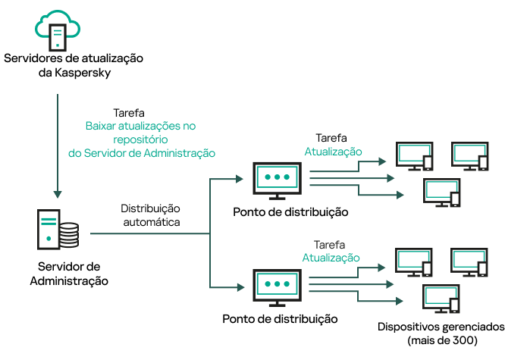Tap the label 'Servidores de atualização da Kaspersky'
(x=74, y=65)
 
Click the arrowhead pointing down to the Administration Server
(x=58, y=192)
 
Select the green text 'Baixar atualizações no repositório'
(x=140, y=133)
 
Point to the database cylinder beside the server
(x=69, y=235)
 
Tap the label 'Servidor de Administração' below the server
(x=69, y=274)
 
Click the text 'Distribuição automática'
(x=151, y=215)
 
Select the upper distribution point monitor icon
(x=277, y=179)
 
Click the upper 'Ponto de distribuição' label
(x=291, y=212)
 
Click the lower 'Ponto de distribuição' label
(x=281, y=319)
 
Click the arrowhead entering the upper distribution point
(x=239, y=179)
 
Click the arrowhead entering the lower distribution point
(x=239, y=286)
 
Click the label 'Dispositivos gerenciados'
(x=441, y=327)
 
